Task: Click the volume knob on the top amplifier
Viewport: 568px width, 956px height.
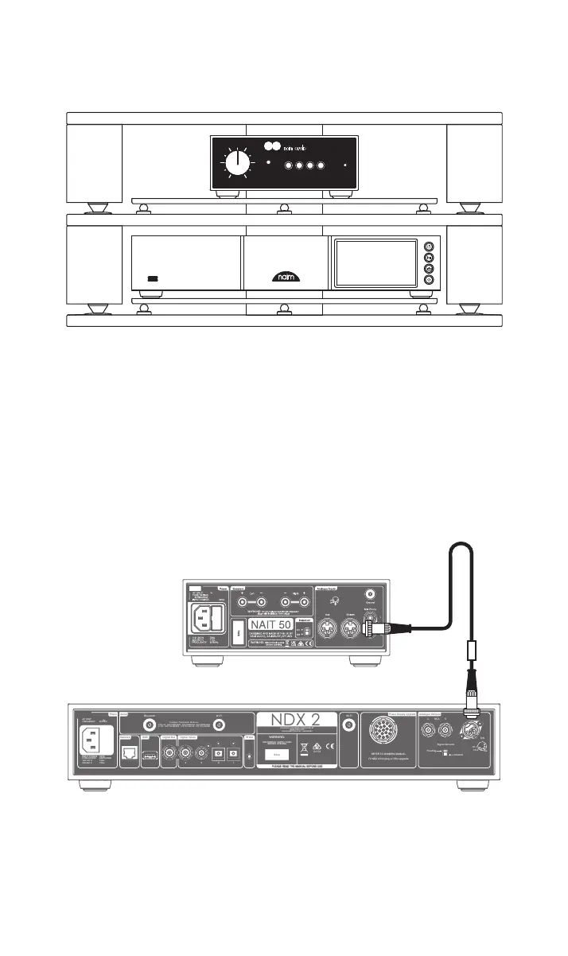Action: tap(236, 163)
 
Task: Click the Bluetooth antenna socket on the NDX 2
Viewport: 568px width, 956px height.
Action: tap(149, 725)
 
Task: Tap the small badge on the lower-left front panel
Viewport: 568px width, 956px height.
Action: tap(154, 279)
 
